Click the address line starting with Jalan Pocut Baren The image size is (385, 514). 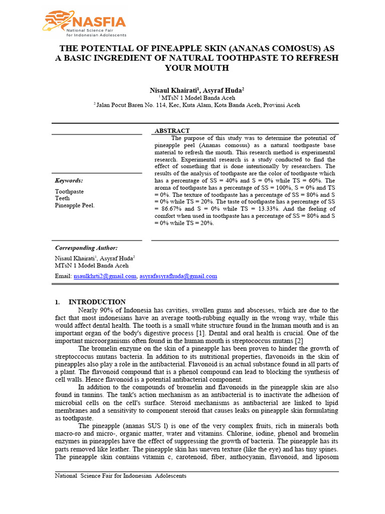click(198, 105)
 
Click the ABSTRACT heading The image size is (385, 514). click(172, 131)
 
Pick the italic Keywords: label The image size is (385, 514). click(69, 180)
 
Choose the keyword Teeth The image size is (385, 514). click(63, 198)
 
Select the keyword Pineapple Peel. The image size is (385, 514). click(75, 205)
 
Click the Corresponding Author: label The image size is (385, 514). click(86, 247)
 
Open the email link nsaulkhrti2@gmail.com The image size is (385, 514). click(105, 276)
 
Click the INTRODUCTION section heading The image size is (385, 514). click(97, 302)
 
